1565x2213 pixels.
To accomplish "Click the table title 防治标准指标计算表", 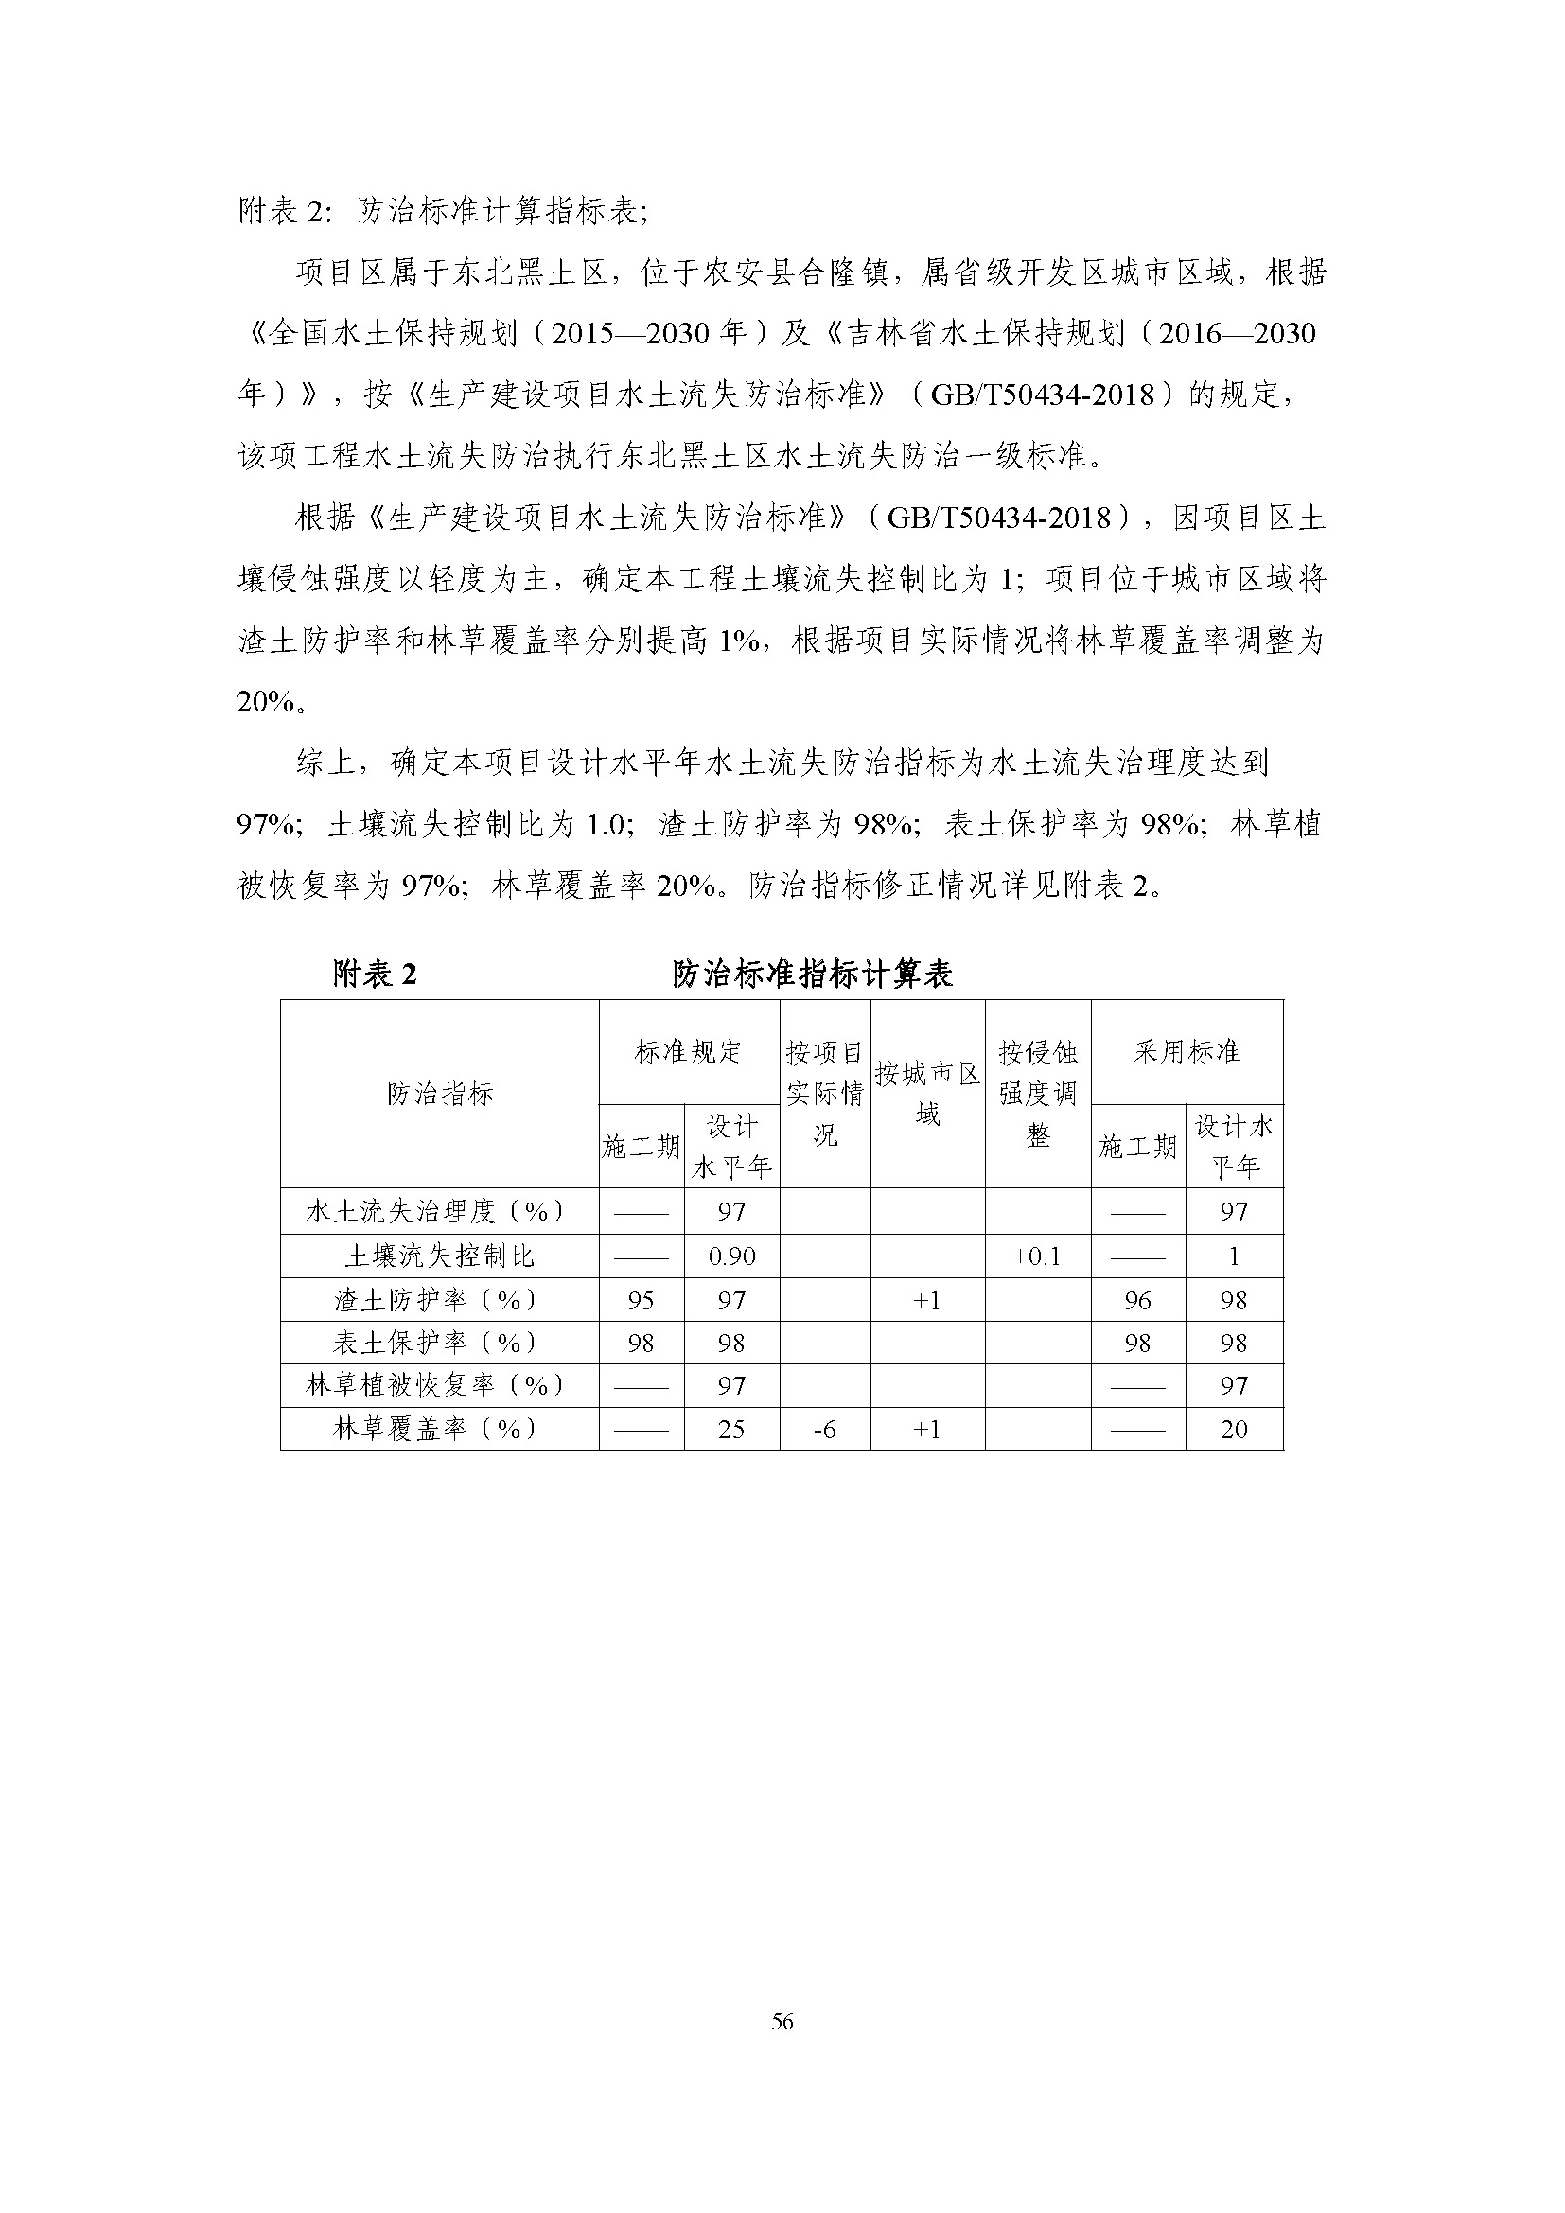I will [x=812, y=975].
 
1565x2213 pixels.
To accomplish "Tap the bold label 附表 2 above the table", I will [x=374, y=975].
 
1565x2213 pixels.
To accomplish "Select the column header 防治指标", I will [x=439, y=1094].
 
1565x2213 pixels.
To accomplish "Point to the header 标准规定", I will [x=688, y=1051].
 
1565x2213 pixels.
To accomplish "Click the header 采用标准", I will [x=1186, y=1051].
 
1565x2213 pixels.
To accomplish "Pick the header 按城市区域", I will [x=927, y=1093].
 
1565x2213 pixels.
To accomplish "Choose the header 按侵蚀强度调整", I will [x=1037, y=1093].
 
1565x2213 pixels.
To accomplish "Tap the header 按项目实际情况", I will [x=824, y=1093].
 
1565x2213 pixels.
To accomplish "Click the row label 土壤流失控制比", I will [x=439, y=1256].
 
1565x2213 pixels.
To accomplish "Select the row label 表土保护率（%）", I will [x=439, y=1343].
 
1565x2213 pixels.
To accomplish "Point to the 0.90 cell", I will [x=731, y=1256].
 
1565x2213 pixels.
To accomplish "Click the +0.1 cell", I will [x=1037, y=1256].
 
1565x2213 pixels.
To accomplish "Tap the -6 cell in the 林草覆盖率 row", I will [x=824, y=1430].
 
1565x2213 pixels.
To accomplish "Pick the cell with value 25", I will [x=731, y=1430].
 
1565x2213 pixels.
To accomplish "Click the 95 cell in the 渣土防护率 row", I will [x=641, y=1300].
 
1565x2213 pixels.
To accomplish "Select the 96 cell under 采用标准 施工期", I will [x=1137, y=1300].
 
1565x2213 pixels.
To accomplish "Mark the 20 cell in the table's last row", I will [x=1234, y=1430].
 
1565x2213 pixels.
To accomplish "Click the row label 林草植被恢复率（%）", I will [x=439, y=1385].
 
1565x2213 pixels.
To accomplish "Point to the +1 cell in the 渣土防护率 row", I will [x=927, y=1300].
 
